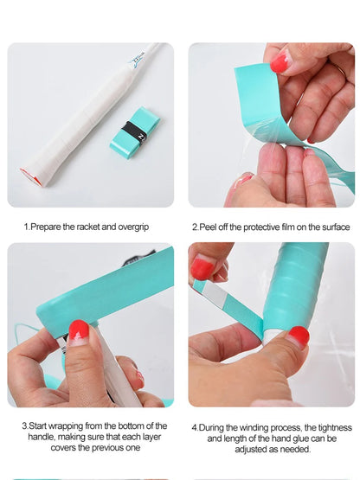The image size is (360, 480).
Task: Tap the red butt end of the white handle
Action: (x=30, y=176)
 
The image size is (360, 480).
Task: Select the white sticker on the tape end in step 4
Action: (x=214, y=293)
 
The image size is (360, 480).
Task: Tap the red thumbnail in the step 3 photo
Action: (x=79, y=332)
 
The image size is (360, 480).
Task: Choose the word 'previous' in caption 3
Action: (x=108, y=447)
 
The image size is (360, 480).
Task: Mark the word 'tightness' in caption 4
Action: (x=335, y=427)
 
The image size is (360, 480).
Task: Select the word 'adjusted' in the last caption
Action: (x=248, y=450)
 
